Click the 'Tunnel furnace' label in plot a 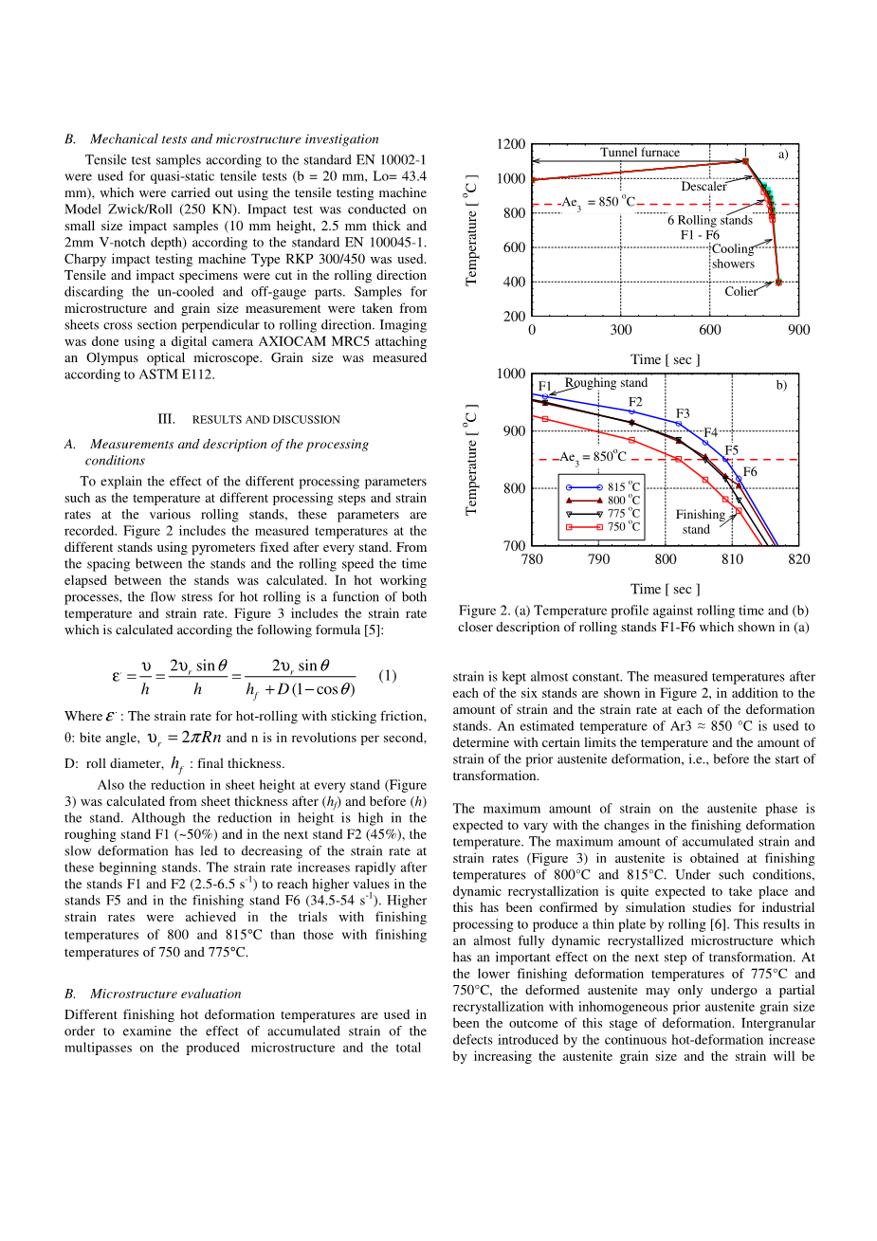click(639, 153)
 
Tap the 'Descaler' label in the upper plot click(703, 187)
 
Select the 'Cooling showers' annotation click(733, 257)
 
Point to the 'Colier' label click(740, 292)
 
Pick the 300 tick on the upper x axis click(621, 330)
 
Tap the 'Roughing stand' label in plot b click(606, 383)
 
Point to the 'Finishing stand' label click(700, 522)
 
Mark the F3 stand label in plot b click(683, 413)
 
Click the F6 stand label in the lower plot click(750, 472)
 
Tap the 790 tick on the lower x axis click(598, 559)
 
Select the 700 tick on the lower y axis click(513, 547)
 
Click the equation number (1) click(387, 676)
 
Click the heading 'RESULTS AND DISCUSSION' click(265, 420)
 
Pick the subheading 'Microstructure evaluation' click(165, 995)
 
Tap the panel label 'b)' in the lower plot click(781, 386)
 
